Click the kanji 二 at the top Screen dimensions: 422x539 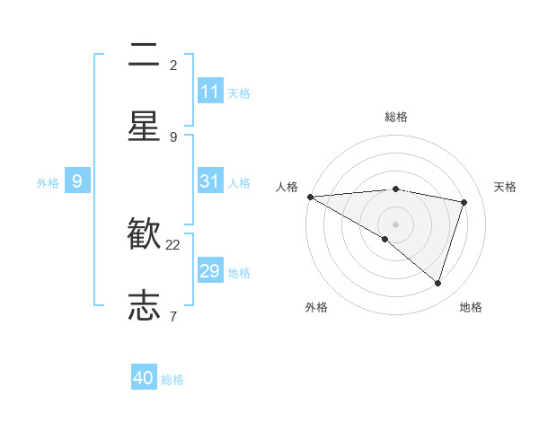[144, 56]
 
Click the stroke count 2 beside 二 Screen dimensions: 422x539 [173, 65]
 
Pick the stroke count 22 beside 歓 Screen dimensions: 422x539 [173, 244]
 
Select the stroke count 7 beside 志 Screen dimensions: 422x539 [173, 315]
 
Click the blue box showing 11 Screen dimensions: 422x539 [210, 92]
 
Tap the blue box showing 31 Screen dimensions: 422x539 [210, 181]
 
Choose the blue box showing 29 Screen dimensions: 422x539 [210, 271]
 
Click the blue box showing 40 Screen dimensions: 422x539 [144, 378]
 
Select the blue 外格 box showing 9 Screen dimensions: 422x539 [77, 181]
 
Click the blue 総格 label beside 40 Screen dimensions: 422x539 [172, 380]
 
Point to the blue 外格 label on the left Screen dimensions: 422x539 [48, 183]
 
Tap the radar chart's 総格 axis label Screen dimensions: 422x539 [395, 117]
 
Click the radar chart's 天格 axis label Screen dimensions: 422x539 [505, 187]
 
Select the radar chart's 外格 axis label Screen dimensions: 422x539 [316, 307]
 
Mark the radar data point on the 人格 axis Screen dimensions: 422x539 [310, 196]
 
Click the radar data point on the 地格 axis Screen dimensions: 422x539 [437, 283]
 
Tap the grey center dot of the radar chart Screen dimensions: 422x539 [395, 224]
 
